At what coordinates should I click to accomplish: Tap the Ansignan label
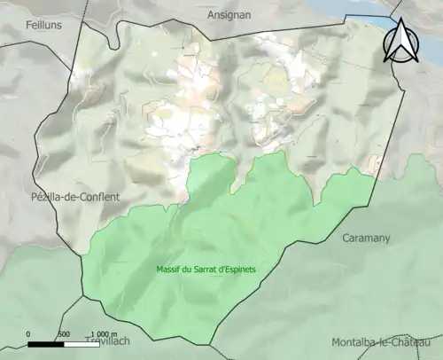click(x=230, y=15)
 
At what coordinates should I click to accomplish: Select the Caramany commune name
click(x=365, y=238)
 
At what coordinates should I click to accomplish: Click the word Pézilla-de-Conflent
click(x=75, y=196)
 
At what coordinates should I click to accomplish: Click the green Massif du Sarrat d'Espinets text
click(x=199, y=269)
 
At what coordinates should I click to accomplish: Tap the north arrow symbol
click(x=400, y=42)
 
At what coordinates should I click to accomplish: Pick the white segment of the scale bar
click(x=81, y=343)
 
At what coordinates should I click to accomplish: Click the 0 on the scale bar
click(x=29, y=333)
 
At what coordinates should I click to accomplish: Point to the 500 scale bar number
click(x=64, y=333)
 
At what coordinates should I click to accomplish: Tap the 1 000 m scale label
click(x=104, y=333)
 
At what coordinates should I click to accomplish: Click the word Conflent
click(x=100, y=196)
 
